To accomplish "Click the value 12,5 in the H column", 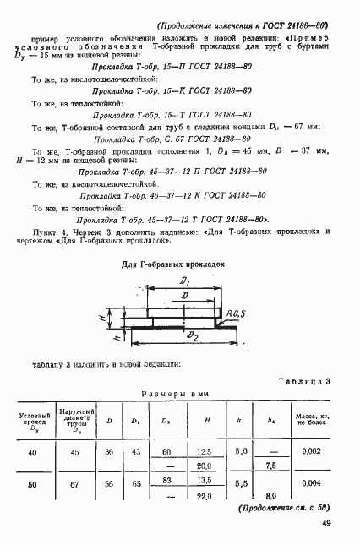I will click(x=203, y=453).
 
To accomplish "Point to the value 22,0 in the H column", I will click(x=203, y=495).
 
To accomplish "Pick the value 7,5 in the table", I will click(x=271, y=466).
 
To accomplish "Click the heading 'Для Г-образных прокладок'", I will click(x=173, y=263).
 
